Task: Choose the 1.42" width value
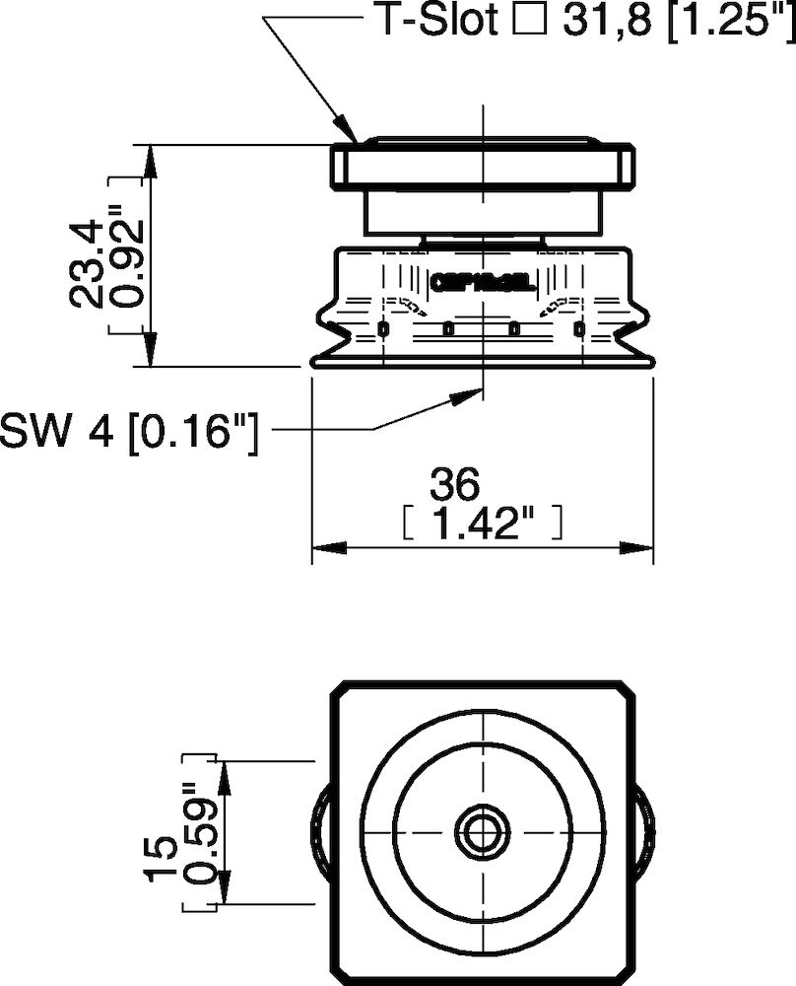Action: tap(483, 523)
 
